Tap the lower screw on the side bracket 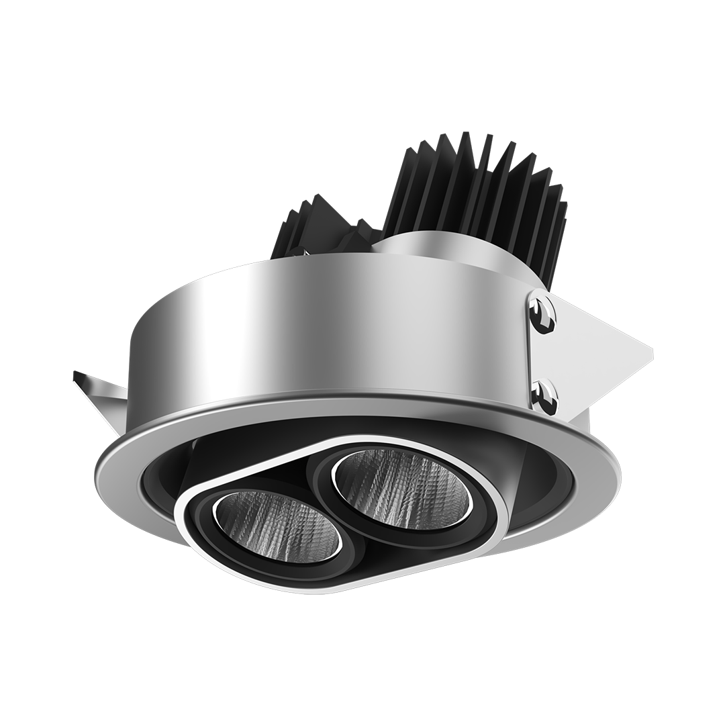tap(543, 396)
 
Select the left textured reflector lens tap(275, 523)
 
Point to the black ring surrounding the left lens tap(208, 530)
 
